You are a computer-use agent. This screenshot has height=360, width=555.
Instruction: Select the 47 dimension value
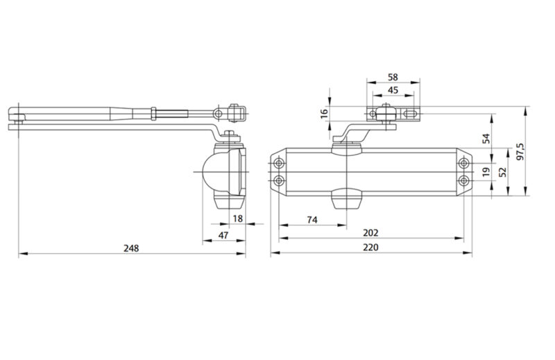click(x=223, y=236)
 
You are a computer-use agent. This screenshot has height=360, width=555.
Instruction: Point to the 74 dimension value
click(x=312, y=219)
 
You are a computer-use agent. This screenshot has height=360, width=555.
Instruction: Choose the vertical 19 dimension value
click(x=486, y=171)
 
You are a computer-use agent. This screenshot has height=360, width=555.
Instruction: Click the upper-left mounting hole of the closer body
click(x=279, y=164)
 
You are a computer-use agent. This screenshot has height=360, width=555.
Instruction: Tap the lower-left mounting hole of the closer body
click(x=279, y=180)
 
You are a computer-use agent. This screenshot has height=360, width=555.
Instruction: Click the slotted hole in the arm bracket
click(x=410, y=113)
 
